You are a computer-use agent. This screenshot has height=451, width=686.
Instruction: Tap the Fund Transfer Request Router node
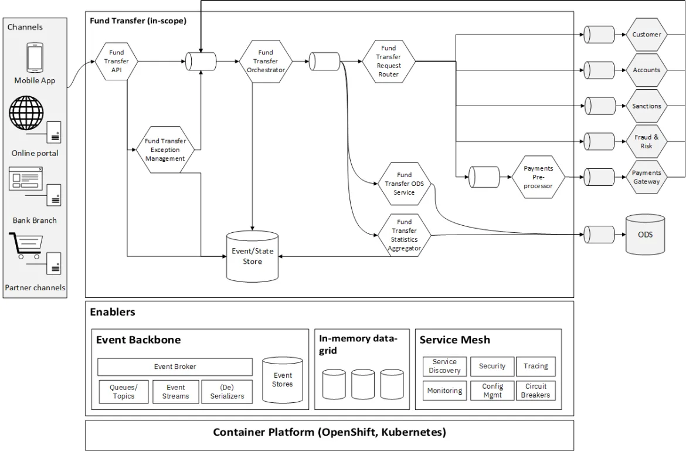[388, 61]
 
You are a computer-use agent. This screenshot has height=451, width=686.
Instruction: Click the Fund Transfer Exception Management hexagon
[165, 150]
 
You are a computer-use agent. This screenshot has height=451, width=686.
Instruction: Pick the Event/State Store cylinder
[252, 257]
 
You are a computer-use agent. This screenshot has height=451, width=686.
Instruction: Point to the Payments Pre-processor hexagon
[538, 177]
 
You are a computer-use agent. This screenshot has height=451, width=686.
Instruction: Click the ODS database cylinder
[645, 235]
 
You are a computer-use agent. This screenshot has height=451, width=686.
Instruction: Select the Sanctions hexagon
[646, 106]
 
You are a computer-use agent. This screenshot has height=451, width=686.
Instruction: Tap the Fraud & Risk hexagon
[646, 141]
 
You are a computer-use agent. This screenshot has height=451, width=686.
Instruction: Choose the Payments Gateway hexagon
[646, 177]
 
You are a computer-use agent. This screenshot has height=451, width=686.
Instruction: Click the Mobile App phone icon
[35, 57]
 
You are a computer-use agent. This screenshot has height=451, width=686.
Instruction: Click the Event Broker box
[175, 367]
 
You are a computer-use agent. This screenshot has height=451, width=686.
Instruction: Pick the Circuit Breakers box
[535, 391]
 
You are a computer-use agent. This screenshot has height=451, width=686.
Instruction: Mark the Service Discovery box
[444, 367]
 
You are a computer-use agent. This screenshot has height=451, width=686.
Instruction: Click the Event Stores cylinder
[283, 380]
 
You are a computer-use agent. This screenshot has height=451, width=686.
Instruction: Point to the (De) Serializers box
[227, 391]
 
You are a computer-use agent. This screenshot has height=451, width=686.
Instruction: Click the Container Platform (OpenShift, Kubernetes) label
[329, 433]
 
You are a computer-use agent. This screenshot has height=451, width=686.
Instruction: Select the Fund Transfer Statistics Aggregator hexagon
[404, 235]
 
